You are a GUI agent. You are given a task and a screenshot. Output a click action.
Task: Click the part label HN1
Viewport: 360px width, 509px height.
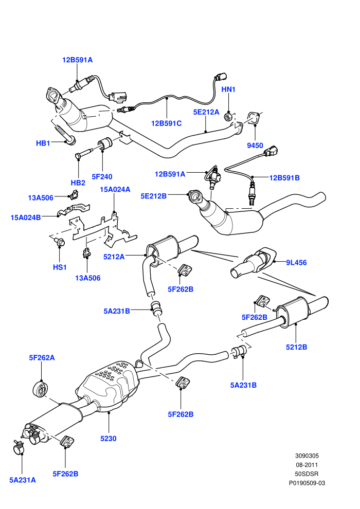pyautogui.click(x=228, y=89)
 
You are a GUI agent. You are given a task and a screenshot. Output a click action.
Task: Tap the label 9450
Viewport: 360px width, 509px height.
pyautogui.click(x=255, y=146)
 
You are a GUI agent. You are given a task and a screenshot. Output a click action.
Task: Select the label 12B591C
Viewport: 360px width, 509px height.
pyautogui.click(x=166, y=123)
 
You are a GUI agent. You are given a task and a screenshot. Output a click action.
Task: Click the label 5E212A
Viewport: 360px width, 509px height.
pyautogui.click(x=206, y=112)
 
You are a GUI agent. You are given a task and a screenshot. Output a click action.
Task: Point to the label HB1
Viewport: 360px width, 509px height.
pyautogui.click(x=43, y=143)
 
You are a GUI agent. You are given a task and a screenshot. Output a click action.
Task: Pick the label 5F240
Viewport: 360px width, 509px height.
pyautogui.click(x=102, y=176)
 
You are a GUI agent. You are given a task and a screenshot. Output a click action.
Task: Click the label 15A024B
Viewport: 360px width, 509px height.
pyautogui.click(x=26, y=217)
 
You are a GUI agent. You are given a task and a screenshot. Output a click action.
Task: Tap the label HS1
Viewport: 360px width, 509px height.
pyautogui.click(x=60, y=267)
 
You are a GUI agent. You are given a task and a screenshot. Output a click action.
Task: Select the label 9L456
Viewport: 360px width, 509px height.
pyautogui.click(x=296, y=262)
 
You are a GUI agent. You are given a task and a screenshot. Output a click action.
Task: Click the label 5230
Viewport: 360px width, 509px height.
pyautogui.click(x=108, y=439)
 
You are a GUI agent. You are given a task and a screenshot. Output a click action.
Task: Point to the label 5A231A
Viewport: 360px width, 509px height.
pyautogui.click(x=23, y=480)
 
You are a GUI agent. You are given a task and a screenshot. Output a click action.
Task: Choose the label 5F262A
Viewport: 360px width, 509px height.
pyautogui.click(x=42, y=358)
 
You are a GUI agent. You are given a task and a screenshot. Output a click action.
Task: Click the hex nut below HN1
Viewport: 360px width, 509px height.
pyautogui.click(x=228, y=116)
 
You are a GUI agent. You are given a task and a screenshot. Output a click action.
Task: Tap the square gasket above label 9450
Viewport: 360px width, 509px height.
pyautogui.click(x=254, y=118)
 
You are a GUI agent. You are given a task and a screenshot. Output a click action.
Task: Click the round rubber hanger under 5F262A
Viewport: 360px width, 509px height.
pyautogui.click(x=41, y=390)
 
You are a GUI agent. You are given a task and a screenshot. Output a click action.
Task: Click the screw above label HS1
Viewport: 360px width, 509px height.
pyautogui.click(x=59, y=242)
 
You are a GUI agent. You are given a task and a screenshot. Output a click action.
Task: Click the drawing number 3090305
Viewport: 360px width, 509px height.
pyautogui.click(x=307, y=456)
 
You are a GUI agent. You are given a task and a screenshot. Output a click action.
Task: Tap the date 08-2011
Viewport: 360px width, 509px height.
pyautogui.click(x=307, y=465)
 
